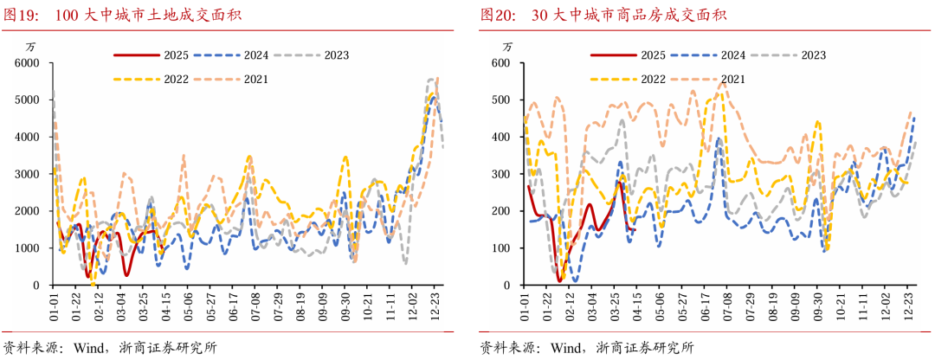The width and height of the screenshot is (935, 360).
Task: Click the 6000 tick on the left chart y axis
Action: click(x=29, y=63)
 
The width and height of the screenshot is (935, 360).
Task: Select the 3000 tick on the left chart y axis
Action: click(x=29, y=174)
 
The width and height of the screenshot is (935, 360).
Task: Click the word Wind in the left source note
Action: click(x=87, y=348)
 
